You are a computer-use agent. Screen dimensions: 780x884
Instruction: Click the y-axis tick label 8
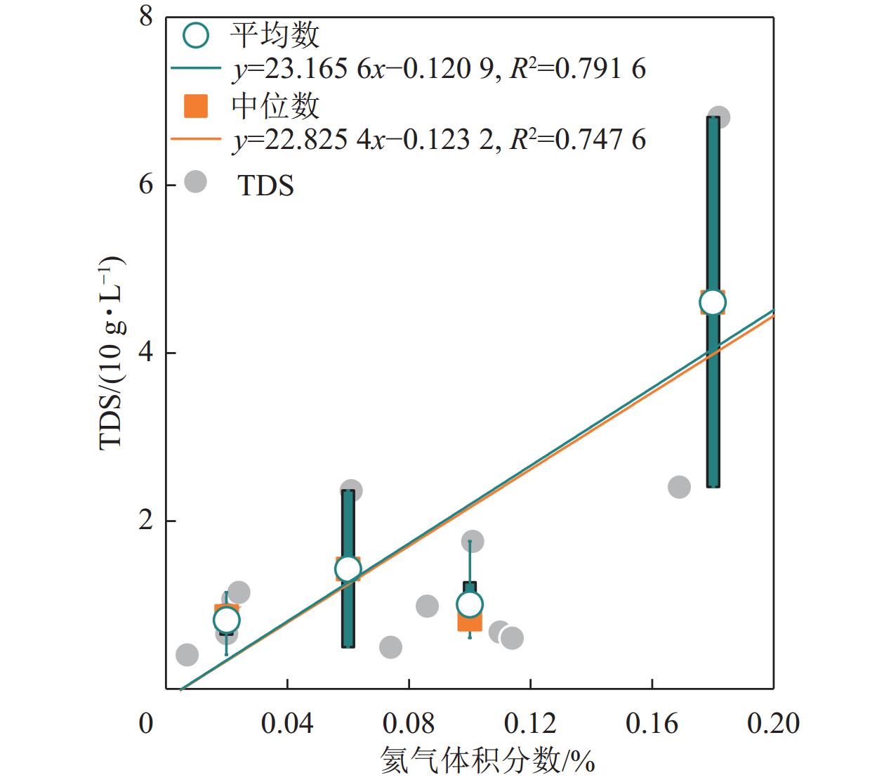click(x=146, y=16)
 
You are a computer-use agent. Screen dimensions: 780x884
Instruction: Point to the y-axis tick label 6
click(x=146, y=185)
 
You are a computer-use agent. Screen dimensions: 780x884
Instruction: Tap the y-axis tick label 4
click(x=146, y=353)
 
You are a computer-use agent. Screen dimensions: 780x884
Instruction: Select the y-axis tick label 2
click(x=146, y=521)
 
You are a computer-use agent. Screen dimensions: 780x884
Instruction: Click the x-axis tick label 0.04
click(x=286, y=723)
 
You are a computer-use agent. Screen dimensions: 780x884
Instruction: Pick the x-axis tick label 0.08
click(x=409, y=723)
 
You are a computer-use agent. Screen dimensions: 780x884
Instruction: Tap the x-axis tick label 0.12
click(x=530, y=723)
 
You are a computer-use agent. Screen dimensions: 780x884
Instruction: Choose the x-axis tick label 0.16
click(x=652, y=723)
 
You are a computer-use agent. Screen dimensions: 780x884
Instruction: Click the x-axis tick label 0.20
click(x=773, y=723)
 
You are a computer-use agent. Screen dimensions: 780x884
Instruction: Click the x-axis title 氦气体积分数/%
click(x=487, y=760)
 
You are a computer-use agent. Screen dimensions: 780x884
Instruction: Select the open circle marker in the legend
click(x=196, y=34)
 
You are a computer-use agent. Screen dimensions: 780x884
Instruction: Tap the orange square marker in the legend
click(x=196, y=106)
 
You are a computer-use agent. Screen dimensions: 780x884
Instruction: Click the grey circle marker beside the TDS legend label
click(x=195, y=182)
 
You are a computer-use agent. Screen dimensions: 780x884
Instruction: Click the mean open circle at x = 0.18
click(x=713, y=302)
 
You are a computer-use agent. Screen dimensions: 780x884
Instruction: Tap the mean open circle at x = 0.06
click(x=348, y=568)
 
